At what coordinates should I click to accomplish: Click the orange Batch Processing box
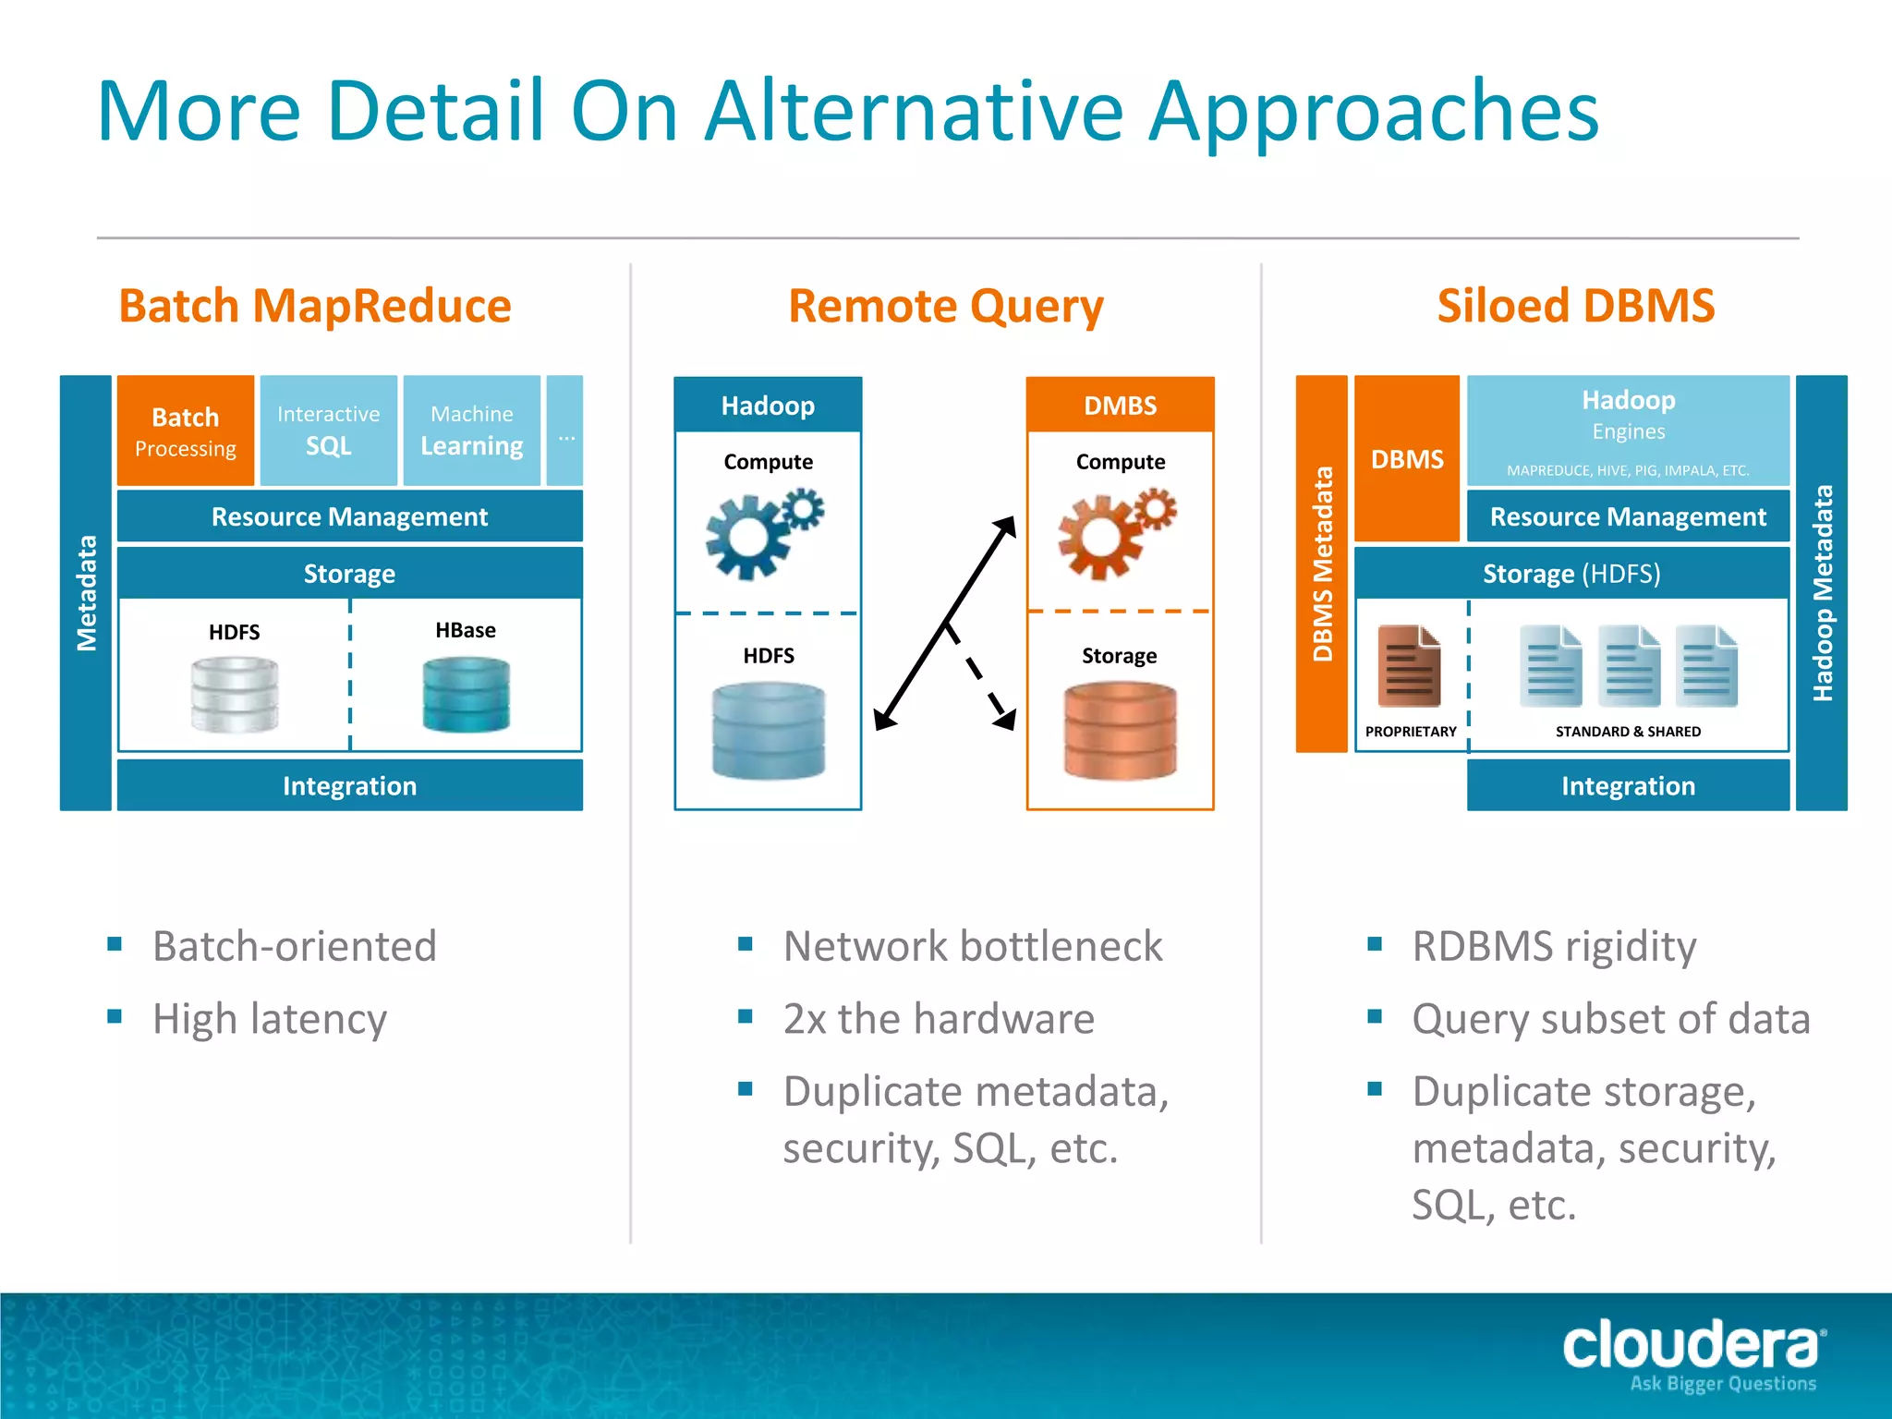pyautogui.click(x=185, y=431)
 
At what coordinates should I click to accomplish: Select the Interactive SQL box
pyautogui.click(x=328, y=431)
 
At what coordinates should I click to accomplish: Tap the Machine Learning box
pyautogui.click(x=471, y=431)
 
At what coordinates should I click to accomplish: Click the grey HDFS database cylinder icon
pyautogui.click(x=235, y=695)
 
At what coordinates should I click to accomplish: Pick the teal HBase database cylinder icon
pyautogui.click(x=466, y=695)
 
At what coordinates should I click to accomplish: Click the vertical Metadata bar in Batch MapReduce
pyautogui.click(x=86, y=593)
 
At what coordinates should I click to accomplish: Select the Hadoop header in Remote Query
pyautogui.click(x=768, y=406)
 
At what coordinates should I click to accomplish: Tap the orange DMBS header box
pyautogui.click(x=1120, y=406)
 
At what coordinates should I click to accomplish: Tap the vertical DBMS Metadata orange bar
pyautogui.click(x=1322, y=564)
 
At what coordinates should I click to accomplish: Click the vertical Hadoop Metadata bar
pyautogui.click(x=1821, y=593)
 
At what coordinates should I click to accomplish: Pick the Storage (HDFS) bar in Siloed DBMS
pyautogui.click(x=1571, y=574)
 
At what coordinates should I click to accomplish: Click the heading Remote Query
pyautogui.click(x=945, y=306)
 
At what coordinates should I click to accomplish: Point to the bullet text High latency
pyautogui.click(x=270, y=1019)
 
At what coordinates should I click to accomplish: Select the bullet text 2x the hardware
pyautogui.click(x=939, y=1019)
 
